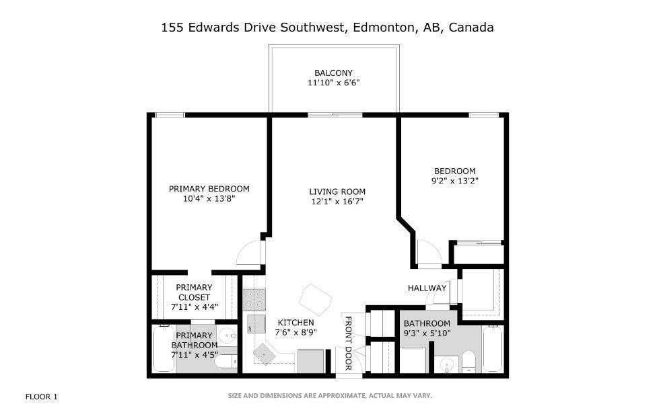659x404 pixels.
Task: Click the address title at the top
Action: pos(328,28)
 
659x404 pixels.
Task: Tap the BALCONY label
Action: pos(333,73)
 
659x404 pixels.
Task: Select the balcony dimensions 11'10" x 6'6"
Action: pos(333,83)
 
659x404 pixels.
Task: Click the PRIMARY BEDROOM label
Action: pos(209,188)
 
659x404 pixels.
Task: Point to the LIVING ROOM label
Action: pos(337,191)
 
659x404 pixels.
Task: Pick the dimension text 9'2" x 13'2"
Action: pos(455,181)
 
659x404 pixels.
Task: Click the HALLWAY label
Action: pos(427,288)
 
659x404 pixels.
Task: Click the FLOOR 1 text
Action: pos(42,397)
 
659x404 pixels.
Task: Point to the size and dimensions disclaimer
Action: pos(330,395)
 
